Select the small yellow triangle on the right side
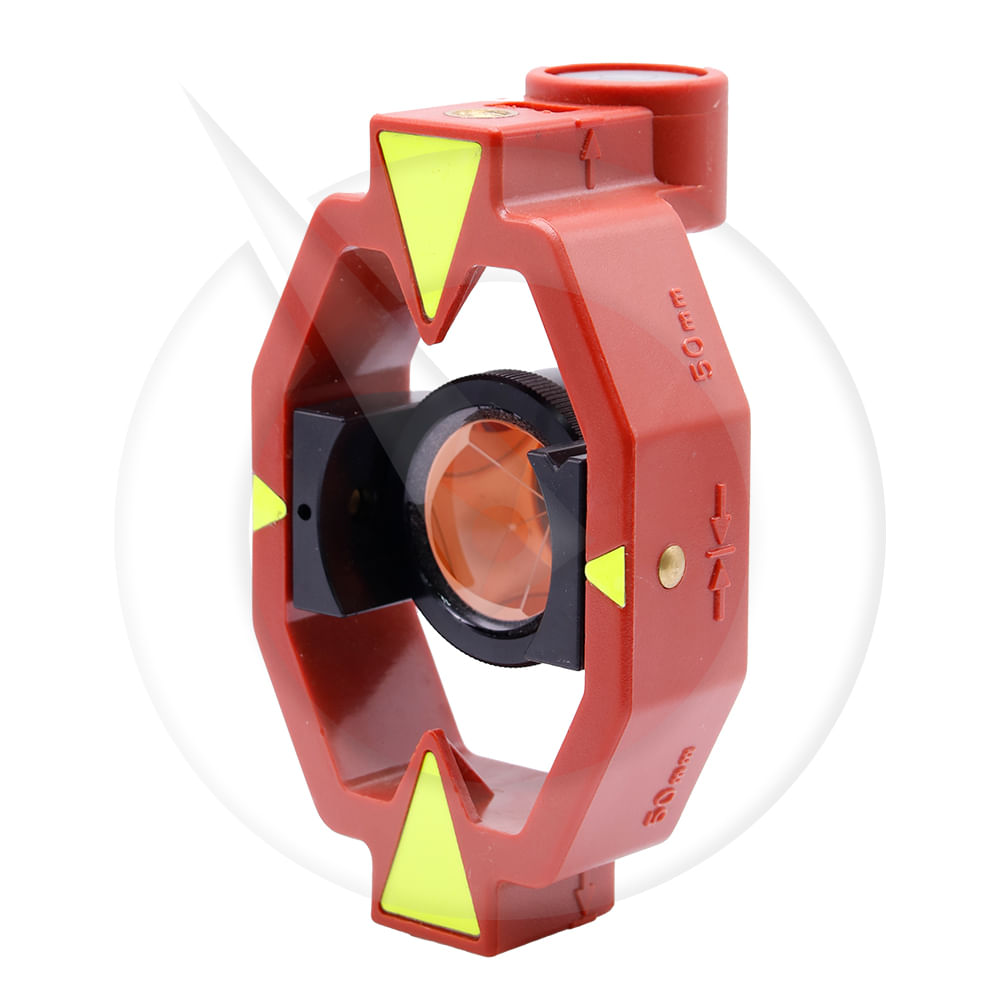click(608, 576)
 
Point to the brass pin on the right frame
click(672, 566)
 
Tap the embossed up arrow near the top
click(588, 159)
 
